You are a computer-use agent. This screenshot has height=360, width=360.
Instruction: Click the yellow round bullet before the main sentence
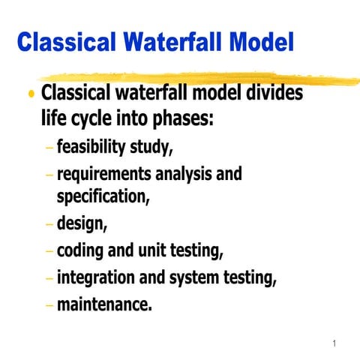click(x=31, y=95)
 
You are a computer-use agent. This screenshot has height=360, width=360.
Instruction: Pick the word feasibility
click(x=95, y=147)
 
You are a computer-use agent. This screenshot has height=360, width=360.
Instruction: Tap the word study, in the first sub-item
click(x=154, y=147)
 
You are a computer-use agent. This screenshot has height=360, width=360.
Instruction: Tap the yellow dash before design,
click(x=48, y=224)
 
